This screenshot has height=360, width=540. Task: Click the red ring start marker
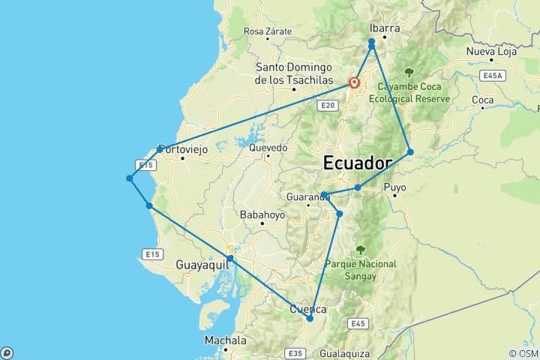point(354,83)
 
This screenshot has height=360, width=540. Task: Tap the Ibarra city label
point(385,28)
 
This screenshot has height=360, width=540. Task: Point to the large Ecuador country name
point(358,163)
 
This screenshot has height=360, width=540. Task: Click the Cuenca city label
point(308,309)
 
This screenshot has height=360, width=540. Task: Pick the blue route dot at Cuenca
point(310,319)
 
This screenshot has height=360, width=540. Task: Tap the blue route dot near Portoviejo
point(160,149)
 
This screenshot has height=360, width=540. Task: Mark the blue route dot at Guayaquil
point(230,259)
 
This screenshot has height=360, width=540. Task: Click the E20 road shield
point(326,106)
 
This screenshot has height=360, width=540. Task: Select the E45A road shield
point(493,76)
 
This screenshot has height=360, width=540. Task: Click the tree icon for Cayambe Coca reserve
point(409,73)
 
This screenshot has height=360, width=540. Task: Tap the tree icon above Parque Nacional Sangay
point(361,250)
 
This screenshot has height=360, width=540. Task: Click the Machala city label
point(226,340)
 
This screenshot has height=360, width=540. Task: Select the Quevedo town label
point(268,148)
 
